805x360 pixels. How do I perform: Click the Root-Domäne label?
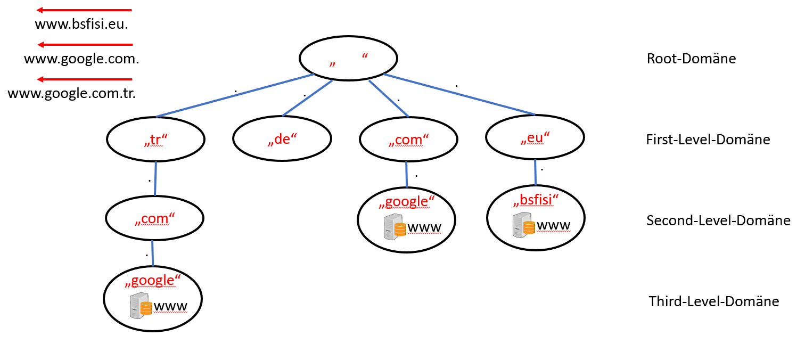pyautogui.click(x=691, y=59)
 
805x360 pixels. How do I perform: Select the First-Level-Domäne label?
pyautogui.click(x=708, y=140)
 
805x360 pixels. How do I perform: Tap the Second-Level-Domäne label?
pyautogui.click(x=718, y=220)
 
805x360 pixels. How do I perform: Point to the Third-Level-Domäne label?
pyautogui.click(x=713, y=301)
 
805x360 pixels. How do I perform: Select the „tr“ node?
pyautogui.click(x=156, y=140)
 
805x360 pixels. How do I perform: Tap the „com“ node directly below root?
pyautogui.click(x=408, y=140)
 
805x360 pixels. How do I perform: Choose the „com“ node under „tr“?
pyautogui.click(x=155, y=219)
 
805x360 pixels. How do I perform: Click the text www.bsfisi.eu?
pyautogui.click(x=81, y=24)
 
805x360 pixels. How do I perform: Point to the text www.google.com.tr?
pyautogui.click(x=72, y=94)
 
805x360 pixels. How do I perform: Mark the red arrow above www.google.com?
pyautogui.click(x=85, y=45)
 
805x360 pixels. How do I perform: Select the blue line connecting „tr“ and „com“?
pyautogui.click(x=155, y=179)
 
